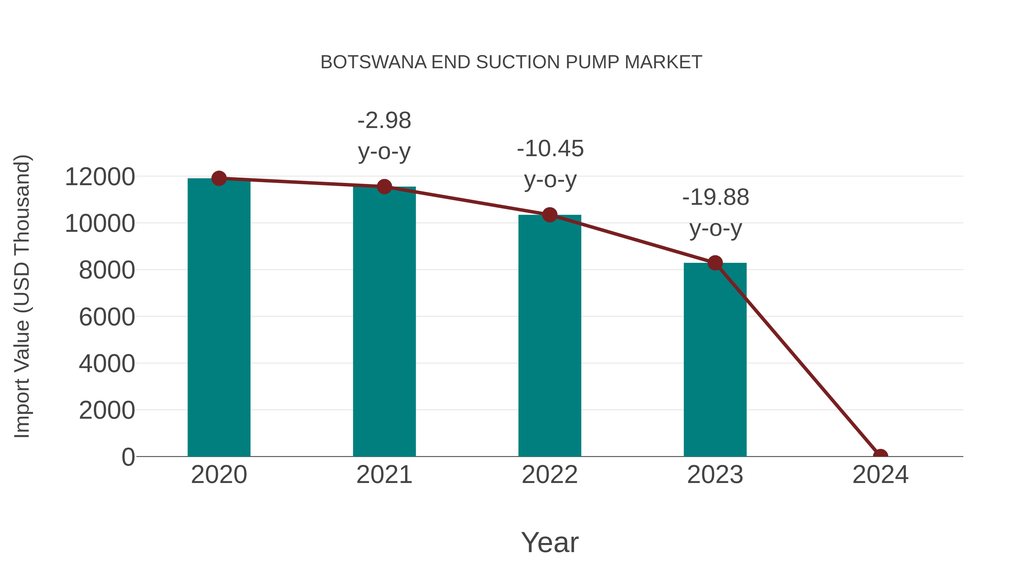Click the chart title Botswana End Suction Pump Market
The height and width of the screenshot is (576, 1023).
pos(511,62)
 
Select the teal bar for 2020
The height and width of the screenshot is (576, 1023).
pos(219,318)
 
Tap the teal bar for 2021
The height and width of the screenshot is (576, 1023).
pos(384,322)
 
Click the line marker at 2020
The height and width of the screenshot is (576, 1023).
pos(219,178)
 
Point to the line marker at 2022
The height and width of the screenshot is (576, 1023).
pos(550,215)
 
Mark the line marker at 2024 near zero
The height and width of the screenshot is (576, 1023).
pos(880,456)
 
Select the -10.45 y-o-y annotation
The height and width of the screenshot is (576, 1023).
pos(550,164)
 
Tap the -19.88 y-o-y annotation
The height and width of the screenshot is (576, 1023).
pos(715,213)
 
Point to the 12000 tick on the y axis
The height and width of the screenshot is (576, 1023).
pos(100,177)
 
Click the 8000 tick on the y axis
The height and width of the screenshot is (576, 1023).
pos(107,270)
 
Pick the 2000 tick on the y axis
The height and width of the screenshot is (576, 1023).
pos(107,410)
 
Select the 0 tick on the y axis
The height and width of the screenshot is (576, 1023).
pos(128,457)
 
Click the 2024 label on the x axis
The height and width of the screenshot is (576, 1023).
pos(880,475)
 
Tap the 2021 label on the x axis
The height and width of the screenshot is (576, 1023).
pos(384,475)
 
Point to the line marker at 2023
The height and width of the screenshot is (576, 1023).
pos(715,263)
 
